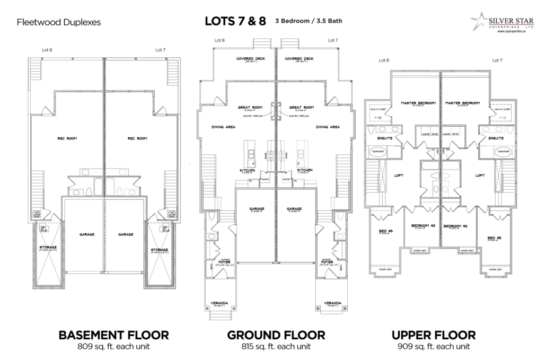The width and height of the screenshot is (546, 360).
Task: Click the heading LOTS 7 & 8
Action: click(x=235, y=22)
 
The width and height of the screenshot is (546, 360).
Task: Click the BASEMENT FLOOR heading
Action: click(x=113, y=335)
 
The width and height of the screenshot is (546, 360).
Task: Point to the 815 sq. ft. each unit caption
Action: click(x=276, y=347)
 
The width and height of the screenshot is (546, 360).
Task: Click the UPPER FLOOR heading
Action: click(x=433, y=335)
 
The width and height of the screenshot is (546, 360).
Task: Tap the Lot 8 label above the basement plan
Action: click(x=47, y=50)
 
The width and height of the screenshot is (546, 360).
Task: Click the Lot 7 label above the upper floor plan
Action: click(x=497, y=60)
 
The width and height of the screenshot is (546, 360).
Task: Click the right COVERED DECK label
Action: click(x=298, y=59)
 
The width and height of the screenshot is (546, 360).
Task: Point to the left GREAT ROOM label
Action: click(x=248, y=108)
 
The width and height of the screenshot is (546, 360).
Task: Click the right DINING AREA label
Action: click(x=328, y=127)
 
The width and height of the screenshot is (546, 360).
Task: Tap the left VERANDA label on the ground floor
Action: click(x=220, y=303)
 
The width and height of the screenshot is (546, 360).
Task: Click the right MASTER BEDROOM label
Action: click(x=462, y=103)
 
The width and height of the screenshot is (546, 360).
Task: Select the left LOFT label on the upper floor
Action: click(x=399, y=174)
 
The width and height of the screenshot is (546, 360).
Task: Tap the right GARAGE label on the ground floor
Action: click(x=294, y=209)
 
